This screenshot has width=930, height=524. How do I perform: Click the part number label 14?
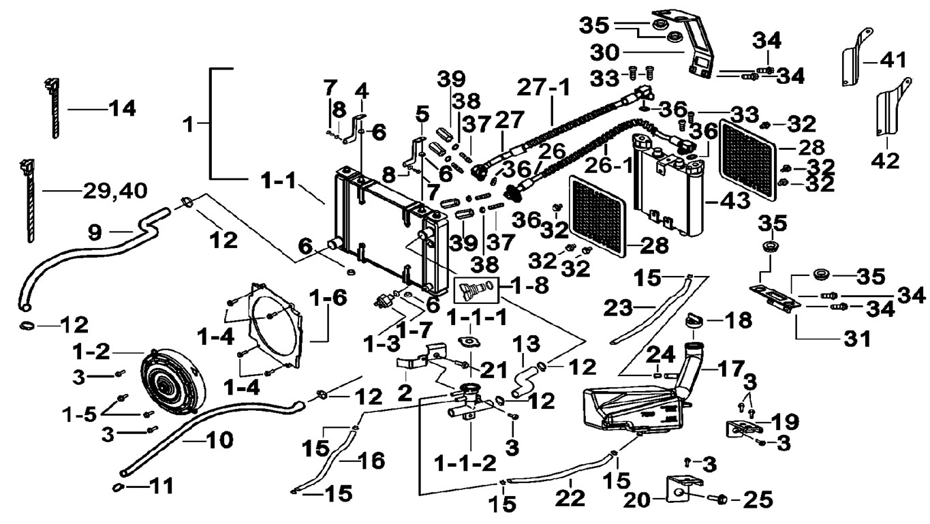(x=122, y=108)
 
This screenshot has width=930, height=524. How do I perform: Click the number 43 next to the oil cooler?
(x=732, y=200)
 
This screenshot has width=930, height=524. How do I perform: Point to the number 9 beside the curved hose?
(x=95, y=232)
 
